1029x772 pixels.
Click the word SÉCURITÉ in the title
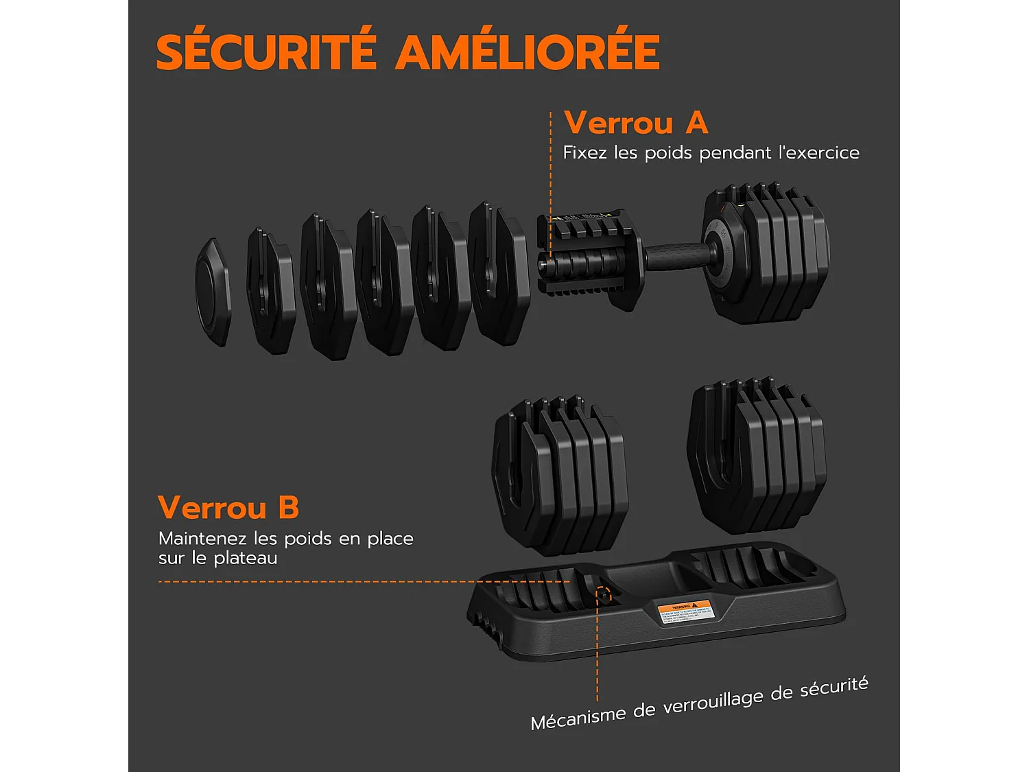266,52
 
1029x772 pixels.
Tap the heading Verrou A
635,124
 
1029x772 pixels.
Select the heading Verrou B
228,508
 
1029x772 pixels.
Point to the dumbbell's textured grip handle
676,256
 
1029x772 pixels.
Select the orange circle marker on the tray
604,595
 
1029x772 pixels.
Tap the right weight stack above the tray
757,456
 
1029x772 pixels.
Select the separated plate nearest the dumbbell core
498,273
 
